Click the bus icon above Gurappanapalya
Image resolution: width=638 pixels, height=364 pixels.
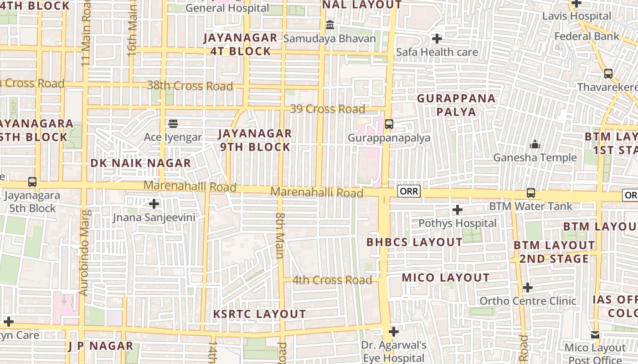point(389,124)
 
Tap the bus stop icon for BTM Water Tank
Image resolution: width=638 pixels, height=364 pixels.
point(531,192)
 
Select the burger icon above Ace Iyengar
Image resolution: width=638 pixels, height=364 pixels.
point(173,123)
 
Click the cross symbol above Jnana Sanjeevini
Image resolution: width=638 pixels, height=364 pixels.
point(154,203)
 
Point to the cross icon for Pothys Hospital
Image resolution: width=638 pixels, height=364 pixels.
point(457,210)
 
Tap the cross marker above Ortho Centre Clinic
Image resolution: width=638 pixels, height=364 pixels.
point(528,288)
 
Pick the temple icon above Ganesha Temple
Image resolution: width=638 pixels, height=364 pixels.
point(535,145)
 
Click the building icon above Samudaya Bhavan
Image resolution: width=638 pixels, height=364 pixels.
point(329,25)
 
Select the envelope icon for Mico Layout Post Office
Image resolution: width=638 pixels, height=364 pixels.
point(595,335)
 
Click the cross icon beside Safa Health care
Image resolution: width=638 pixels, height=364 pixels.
point(437,39)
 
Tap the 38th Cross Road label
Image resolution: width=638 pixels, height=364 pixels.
point(190,86)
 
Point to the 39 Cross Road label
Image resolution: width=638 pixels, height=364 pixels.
point(328,109)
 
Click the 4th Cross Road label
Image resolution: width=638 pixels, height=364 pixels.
point(332,280)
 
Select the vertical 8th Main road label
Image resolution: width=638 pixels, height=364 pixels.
point(280,235)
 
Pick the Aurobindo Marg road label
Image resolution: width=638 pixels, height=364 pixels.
point(84,253)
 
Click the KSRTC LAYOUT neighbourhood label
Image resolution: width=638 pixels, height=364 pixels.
point(260,314)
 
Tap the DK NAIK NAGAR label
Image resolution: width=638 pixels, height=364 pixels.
point(140,163)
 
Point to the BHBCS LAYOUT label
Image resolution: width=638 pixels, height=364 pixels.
point(414,242)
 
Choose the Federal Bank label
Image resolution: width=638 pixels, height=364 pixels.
point(587,36)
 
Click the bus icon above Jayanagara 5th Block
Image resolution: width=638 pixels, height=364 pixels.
point(32,182)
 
